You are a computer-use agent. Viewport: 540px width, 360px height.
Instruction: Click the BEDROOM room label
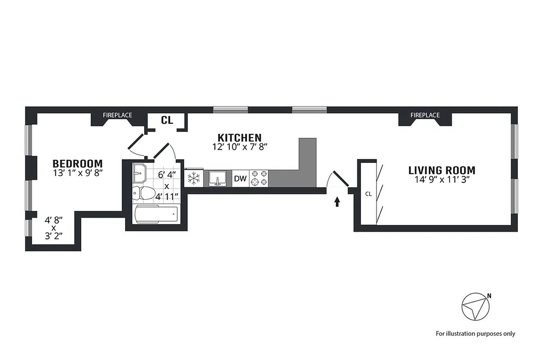click(77, 163)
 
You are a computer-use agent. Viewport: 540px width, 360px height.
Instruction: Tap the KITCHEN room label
click(239, 137)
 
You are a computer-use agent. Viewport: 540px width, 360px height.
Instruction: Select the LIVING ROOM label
click(441, 171)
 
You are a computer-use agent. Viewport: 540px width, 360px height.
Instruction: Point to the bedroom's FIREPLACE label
click(117, 115)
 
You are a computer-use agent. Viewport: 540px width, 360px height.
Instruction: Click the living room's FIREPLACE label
click(425, 115)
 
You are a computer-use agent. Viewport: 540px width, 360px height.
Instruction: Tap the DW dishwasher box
click(241, 179)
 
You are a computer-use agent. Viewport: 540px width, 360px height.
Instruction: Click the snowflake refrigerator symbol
click(194, 179)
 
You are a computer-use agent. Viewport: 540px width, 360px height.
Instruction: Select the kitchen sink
click(218, 179)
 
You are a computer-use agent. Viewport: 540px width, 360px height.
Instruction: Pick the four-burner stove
click(259, 178)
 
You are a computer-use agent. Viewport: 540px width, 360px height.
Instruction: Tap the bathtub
click(156, 214)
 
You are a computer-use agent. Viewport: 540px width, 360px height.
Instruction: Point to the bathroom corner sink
click(139, 173)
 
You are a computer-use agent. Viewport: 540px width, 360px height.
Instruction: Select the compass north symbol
click(476, 307)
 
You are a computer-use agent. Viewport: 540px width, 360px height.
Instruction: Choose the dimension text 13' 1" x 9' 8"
click(77, 173)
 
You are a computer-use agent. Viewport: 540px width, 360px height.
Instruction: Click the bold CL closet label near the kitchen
click(167, 120)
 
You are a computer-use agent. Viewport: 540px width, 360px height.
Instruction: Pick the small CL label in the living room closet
click(368, 194)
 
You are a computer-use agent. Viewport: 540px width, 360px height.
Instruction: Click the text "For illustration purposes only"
click(475, 333)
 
